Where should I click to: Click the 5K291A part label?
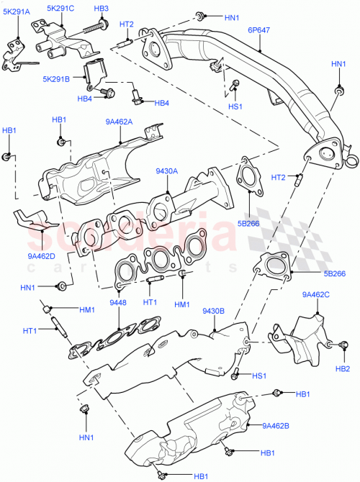pos(20,12)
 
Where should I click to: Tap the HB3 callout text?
pos(101,9)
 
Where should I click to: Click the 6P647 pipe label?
pos(259,31)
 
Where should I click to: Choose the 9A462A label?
pos(118,122)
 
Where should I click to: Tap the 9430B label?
pos(214,311)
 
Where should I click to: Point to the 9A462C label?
pos(316,294)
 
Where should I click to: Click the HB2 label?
pos(342,368)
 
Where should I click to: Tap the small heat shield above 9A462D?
pos(32,219)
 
